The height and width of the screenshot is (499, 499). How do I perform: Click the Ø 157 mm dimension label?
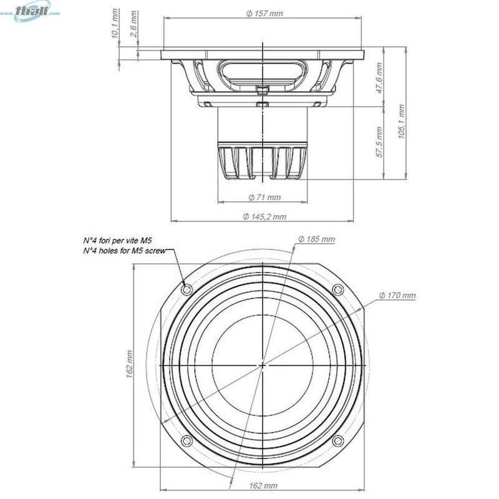(264, 14)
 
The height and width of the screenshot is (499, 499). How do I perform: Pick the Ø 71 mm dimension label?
(264, 197)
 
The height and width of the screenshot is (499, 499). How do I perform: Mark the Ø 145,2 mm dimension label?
(264, 216)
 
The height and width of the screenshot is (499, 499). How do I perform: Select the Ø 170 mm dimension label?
(397, 295)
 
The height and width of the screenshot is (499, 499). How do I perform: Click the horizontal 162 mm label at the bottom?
(263, 485)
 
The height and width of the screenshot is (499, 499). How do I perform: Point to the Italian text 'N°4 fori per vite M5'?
(117, 240)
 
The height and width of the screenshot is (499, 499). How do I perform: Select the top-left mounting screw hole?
(187, 289)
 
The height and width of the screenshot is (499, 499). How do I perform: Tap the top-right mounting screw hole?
(338, 289)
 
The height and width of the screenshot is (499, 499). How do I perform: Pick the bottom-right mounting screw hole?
(338, 442)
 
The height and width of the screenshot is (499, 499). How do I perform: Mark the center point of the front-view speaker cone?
(263, 366)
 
